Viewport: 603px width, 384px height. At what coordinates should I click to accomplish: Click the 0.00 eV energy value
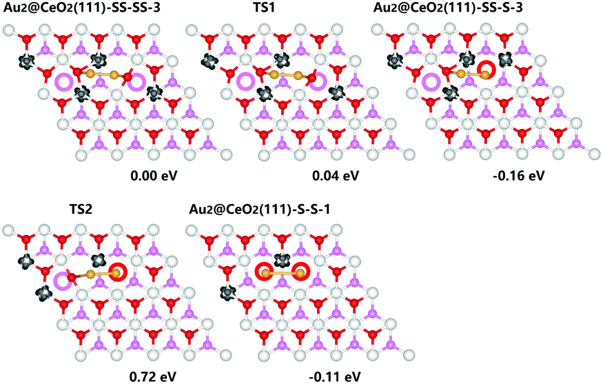point(154,176)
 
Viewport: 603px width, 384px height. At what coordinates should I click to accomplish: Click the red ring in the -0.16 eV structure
point(487,70)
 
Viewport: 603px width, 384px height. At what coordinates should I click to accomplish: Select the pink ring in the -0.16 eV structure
point(432,82)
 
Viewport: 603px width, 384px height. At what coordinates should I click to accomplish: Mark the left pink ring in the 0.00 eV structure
point(63,82)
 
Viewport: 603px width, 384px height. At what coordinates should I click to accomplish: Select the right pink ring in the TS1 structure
point(318,82)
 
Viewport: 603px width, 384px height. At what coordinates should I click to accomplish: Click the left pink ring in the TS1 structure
point(245,82)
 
